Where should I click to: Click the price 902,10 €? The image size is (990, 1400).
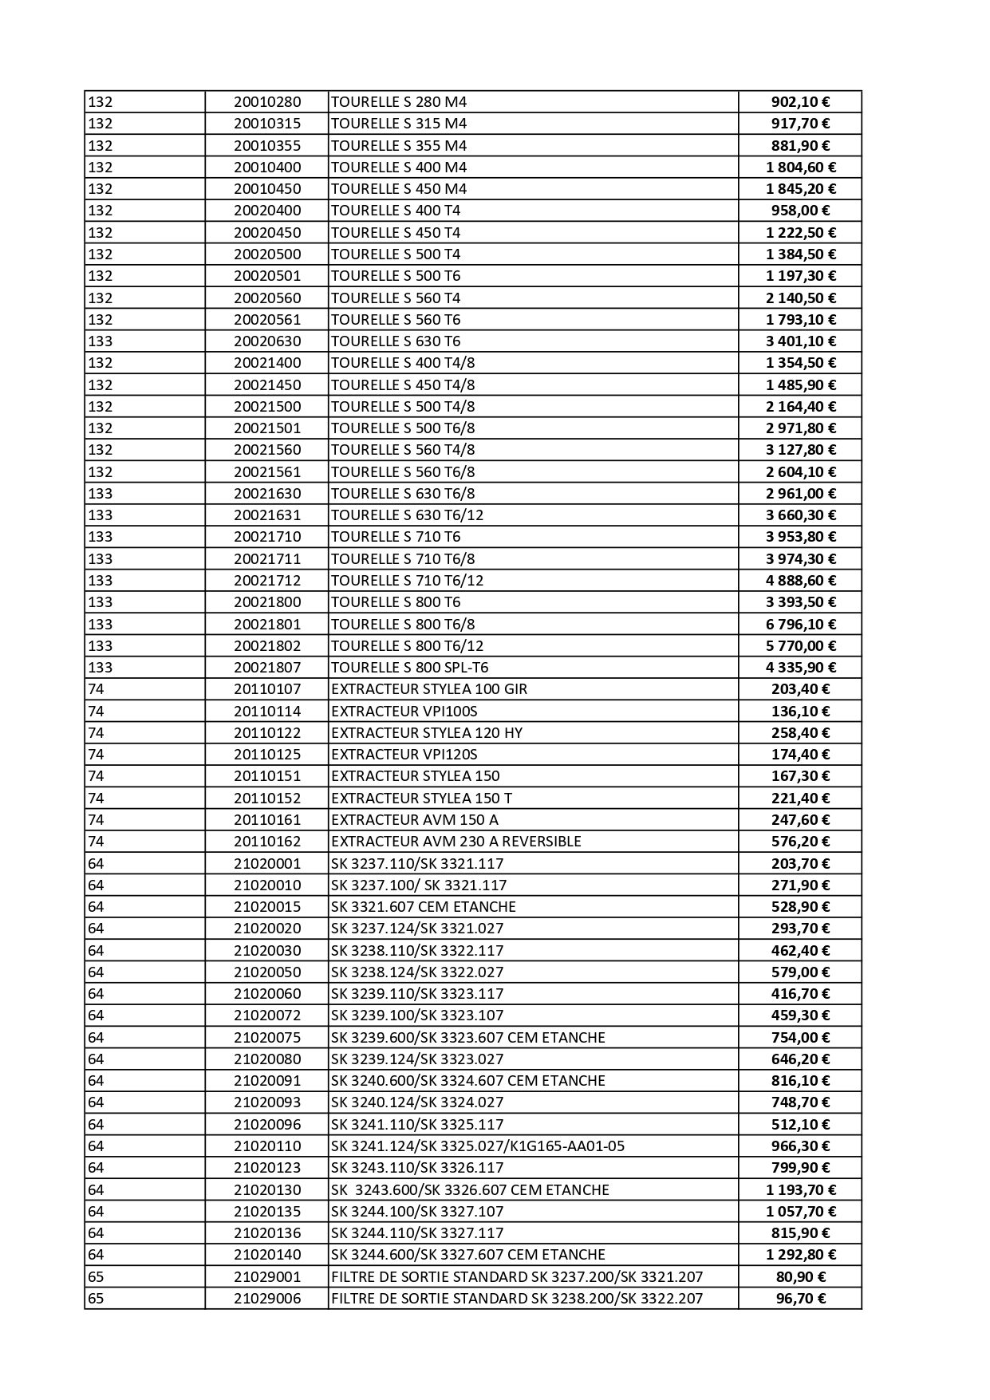(800, 102)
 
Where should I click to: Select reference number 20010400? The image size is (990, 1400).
(267, 168)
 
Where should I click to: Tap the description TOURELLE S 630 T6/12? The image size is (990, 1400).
(407, 515)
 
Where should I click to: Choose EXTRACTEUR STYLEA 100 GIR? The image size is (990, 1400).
(428, 689)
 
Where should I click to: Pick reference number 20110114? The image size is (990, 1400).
(267, 711)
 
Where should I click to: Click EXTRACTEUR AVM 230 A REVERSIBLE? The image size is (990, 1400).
(456, 842)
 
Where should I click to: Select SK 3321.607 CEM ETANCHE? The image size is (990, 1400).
(423, 907)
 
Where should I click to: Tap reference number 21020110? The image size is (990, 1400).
(267, 1146)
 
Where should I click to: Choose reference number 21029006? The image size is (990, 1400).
(267, 1299)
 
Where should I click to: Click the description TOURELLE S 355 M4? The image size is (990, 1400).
(398, 146)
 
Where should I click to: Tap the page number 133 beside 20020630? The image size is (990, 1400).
(101, 341)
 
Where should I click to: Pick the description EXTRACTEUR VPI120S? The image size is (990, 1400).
(404, 755)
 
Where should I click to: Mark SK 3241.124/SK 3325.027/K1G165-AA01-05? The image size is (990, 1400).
(477, 1146)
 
